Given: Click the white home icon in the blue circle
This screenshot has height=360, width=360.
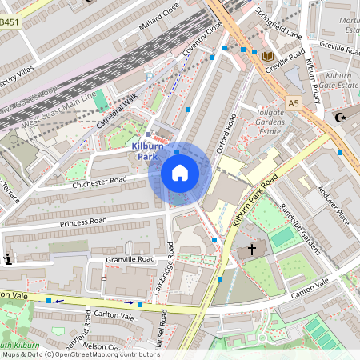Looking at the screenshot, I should pos(180,172).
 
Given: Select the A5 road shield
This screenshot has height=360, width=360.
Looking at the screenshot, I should pos(294,102).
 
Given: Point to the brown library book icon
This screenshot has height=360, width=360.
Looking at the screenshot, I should pos(267,55).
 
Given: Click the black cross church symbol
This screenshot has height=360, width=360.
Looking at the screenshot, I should pos(252,250).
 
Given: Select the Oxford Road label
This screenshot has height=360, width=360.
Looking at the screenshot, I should pos(226,134).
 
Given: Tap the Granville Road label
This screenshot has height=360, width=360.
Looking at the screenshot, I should pos(130,260).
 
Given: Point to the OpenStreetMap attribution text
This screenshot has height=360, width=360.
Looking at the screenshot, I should pos(80,354).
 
